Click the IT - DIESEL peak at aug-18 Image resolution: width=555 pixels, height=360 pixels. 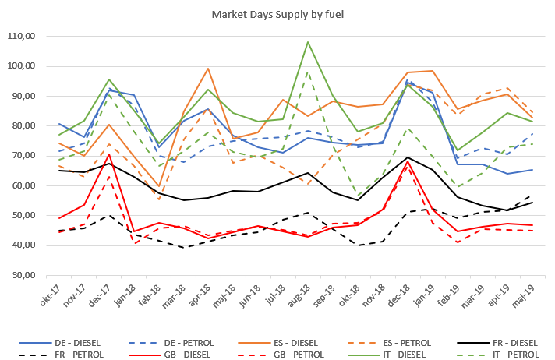click(308, 42)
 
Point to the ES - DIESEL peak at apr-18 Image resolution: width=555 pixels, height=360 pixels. click(208, 69)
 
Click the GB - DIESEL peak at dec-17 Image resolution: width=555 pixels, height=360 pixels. click(109, 154)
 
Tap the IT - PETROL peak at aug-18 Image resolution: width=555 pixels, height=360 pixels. click(308, 72)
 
